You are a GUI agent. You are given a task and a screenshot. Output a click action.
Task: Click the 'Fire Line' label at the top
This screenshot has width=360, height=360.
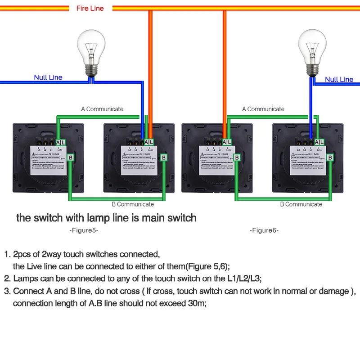tap(90, 8)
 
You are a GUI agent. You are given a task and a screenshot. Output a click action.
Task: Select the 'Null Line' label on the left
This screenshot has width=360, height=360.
tap(48, 77)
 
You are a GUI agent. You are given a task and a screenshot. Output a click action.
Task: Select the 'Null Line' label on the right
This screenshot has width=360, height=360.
tap(339, 79)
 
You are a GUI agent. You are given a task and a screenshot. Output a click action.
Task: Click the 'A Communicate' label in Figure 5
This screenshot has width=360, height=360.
tap(102, 109)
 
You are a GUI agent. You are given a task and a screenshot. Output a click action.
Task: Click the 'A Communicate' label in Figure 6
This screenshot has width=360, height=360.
tap(263, 109)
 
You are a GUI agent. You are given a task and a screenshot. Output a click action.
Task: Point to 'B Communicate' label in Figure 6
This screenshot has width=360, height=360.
tap(301, 204)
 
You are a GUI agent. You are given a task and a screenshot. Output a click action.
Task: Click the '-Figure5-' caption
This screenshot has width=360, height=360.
tap(84, 230)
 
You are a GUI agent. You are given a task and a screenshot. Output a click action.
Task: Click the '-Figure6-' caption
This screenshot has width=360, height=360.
tap(264, 230)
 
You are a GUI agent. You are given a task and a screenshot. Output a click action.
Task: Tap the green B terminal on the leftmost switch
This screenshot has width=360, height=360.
tap(71, 157)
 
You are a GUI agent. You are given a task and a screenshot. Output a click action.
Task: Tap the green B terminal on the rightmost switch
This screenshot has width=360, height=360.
tap(330, 157)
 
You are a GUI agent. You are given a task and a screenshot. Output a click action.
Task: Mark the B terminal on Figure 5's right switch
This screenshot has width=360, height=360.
tap(164, 157)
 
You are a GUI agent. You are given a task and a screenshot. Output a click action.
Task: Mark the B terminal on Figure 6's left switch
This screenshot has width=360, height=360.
tap(237, 157)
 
